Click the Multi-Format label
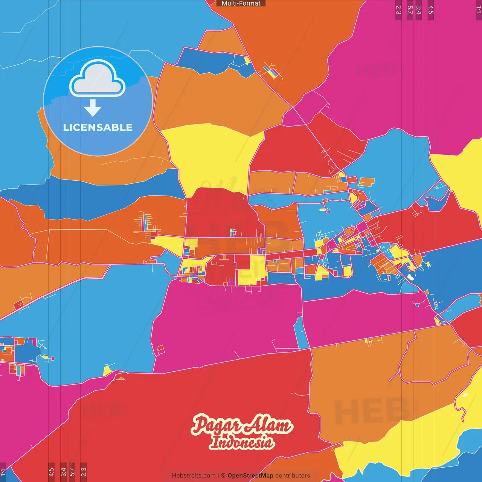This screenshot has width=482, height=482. [241, 3]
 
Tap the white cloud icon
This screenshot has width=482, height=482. [98, 78]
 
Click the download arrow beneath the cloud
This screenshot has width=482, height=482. [93, 108]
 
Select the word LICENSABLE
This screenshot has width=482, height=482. [98, 127]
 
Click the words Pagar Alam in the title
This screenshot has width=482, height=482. [242, 425]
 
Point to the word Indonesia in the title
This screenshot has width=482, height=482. [242, 442]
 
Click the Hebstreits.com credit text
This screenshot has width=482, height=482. [194, 476]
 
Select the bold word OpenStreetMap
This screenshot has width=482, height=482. [250, 476]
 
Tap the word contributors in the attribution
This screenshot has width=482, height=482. [293, 476]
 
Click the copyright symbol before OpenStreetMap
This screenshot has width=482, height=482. [223, 476]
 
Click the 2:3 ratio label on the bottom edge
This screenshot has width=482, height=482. [84, 471]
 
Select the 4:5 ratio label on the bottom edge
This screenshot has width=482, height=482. [51, 471]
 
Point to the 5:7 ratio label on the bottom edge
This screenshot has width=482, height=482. [72, 471]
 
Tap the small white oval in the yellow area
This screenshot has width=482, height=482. [465, 395]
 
